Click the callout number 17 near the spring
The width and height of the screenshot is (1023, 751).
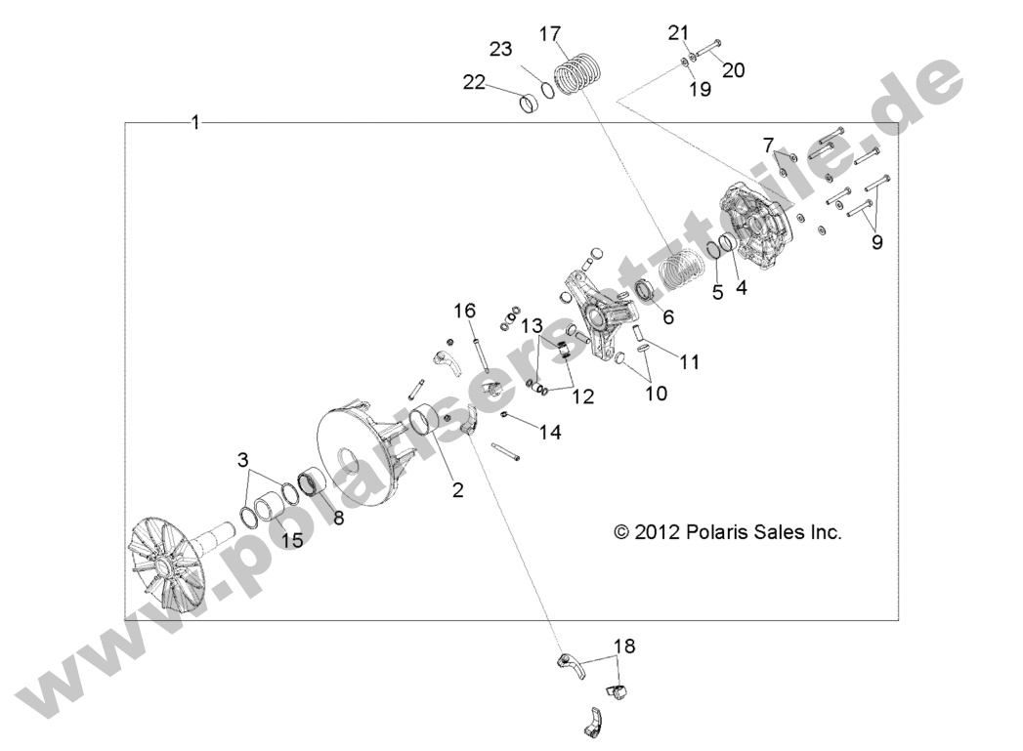pyautogui.click(x=550, y=34)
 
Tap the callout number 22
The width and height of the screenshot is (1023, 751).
pyautogui.click(x=475, y=83)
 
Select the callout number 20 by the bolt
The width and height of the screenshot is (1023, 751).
pyautogui.click(x=733, y=69)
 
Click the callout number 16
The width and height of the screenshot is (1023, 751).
pyautogui.click(x=465, y=311)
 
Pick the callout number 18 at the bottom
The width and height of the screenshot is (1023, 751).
pyautogui.click(x=623, y=646)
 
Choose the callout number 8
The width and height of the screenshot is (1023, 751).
pyautogui.click(x=339, y=518)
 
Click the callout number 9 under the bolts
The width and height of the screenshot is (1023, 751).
pyautogui.click(x=876, y=242)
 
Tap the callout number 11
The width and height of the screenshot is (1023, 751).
pyautogui.click(x=690, y=361)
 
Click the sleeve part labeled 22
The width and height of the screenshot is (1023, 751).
pyautogui.click(x=529, y=102)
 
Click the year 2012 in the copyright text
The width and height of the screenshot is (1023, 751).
pyautogui.click(x=659, y=532)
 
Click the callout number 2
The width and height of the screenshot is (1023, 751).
pyautogui.click(x=456, y=490)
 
